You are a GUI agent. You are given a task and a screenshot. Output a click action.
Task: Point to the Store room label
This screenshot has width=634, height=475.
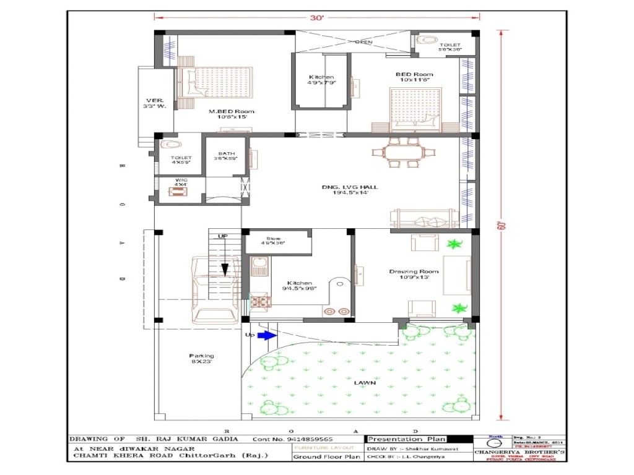click(x=274, y=241)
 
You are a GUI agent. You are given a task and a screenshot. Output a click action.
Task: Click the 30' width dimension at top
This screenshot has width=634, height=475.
click(x=317, y=18)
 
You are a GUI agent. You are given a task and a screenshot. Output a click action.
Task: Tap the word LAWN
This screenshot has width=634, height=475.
click(x=365, y=383)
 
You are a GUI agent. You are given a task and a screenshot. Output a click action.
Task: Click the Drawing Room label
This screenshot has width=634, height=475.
click(x=414, y=274)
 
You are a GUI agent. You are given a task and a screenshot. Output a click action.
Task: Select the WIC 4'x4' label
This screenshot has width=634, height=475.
click(x=180, y=182)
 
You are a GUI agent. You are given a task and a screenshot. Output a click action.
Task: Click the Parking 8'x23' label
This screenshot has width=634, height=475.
click(x=201, y=359)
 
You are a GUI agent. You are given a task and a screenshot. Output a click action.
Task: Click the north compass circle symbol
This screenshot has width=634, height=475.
click(x=493, y=444)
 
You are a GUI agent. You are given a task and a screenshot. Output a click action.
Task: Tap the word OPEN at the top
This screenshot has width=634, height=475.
click(x=363, y=42)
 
